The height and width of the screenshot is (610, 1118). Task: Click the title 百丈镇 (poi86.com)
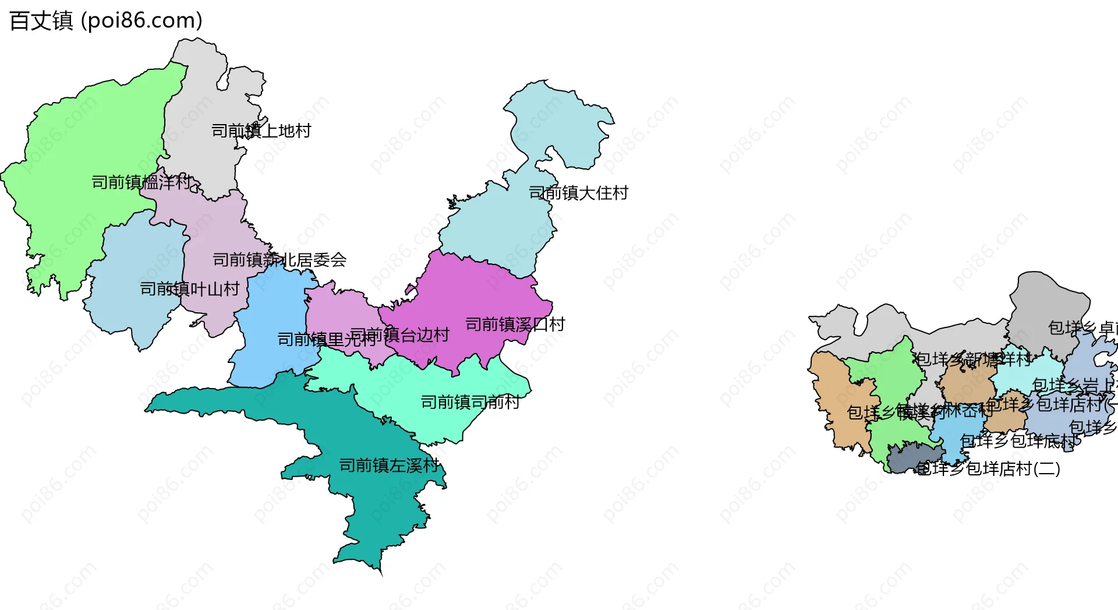click(x=106, y=21)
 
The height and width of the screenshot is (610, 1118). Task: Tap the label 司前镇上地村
click(x=261, y=131)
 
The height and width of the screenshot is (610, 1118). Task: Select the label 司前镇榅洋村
click(x=141, y=182)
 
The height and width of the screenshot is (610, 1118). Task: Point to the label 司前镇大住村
click(x=578, y=193)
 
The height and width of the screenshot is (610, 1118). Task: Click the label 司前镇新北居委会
click(x=279, y=260)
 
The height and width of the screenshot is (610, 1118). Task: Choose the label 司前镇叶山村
click(x=190, y=289)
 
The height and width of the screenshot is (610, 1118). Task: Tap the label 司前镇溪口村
click(x=515, y=325)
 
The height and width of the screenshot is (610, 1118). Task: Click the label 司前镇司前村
click(x=470, y=403)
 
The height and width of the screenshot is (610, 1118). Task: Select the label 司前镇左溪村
click(x=388, y=466)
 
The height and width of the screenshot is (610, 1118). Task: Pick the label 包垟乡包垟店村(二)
click(x=988, y=469)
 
